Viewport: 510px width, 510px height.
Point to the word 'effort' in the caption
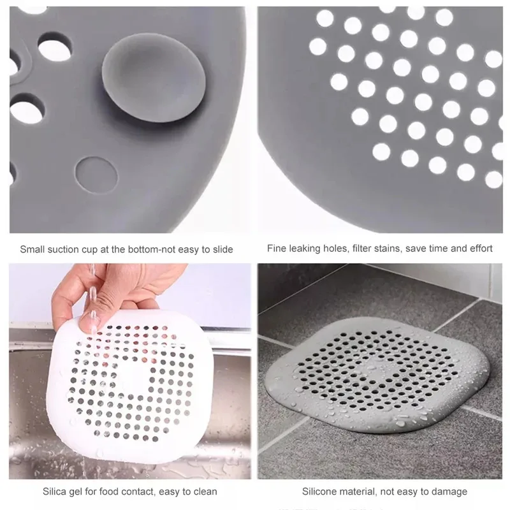[479, 249]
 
